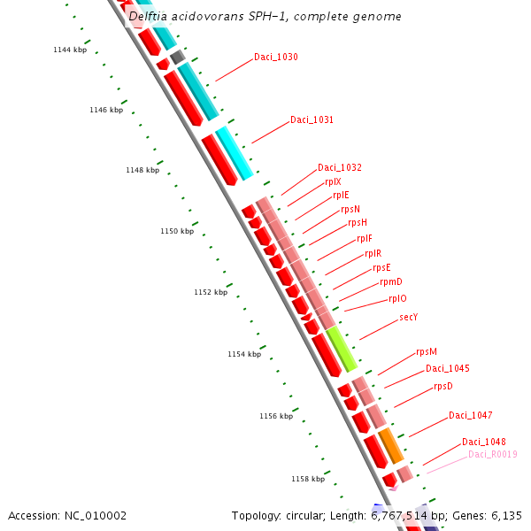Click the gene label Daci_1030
pyautogui.click(x=275, y=57)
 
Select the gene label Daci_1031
pyautogui.click(x=312, y=119)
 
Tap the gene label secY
pyautogui.click(x=408, y=317)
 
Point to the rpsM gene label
pyautogui.click(x=427, y=351)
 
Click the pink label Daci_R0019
pyautogui.click(x=492, y=455)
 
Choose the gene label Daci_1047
pyautogui.click(x=470, y=415)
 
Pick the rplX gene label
pyautogui.click(x=333, y=181)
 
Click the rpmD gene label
pyautogui.click(x=391, y=281)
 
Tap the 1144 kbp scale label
pyautogui.click(x=70, y=50)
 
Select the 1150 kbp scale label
pyautogui.click(x=176, y=231)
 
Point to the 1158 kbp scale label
pyautogui.click(x=307, y=479)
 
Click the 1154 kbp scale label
pyautogui.click(x=243, y=354)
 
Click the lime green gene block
pyautogui.click(x=341, y=348)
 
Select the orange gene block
pyautogui.click(x=391, y=445)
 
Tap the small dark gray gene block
pyautogui.click(x=177, y=57)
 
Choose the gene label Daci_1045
pyautogui.click(x=447, y=368)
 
